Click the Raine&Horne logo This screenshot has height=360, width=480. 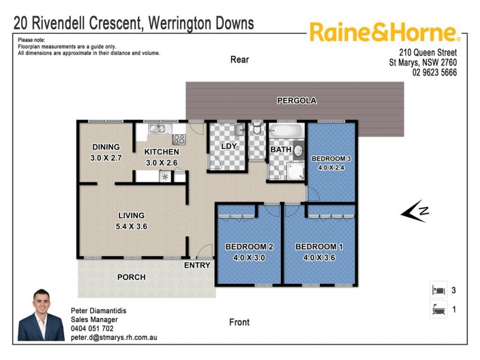(x=384, y=32)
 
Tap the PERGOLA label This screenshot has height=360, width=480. (x=296, y=100)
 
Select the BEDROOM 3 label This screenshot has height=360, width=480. (x=332, y=158)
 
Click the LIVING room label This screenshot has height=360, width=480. (x=131, y=215)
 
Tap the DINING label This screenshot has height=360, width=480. (x=106, y=147)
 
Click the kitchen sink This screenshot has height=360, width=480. (x=157, y=128)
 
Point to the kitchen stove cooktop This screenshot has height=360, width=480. (x=179, y=139)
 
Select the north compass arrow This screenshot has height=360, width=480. (x=415, y=211)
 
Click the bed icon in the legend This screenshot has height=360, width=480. (x=438, y=290)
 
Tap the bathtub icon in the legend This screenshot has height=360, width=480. (x=438, y=310)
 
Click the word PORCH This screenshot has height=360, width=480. (x=131, y=277)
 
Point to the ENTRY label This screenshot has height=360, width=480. (x=197, y=265)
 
